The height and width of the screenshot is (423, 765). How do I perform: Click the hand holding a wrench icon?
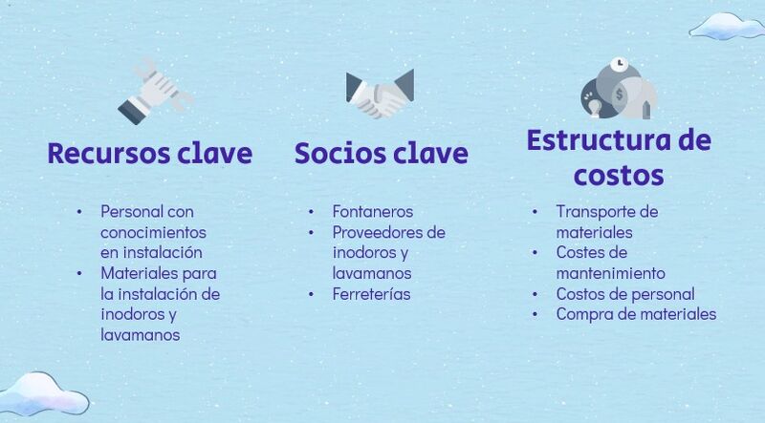pos(155,92)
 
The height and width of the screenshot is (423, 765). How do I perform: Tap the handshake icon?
pos(380,94)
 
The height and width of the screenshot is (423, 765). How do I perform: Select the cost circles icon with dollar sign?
pos(619,89)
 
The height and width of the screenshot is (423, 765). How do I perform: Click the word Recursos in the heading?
pos(109,153)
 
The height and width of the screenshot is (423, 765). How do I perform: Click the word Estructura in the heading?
pos(588,139)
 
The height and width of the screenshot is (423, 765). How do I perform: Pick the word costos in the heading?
pos(619,176)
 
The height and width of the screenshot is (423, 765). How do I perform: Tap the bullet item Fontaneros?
pos(373,212)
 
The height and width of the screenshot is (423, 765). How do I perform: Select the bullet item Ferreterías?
pos(371,294)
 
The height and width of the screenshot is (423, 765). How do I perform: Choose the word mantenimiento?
pos(610,273)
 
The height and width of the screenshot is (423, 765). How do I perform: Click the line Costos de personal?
pos(625,294)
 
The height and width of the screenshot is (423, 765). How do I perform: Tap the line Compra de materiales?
pos(636,314)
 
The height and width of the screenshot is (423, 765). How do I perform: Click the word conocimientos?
pos(153,232)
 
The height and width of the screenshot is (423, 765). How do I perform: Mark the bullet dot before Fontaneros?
pos(311,213)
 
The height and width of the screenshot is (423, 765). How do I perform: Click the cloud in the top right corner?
pos(726,27)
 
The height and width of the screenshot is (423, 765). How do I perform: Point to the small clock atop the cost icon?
pos(620,63)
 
